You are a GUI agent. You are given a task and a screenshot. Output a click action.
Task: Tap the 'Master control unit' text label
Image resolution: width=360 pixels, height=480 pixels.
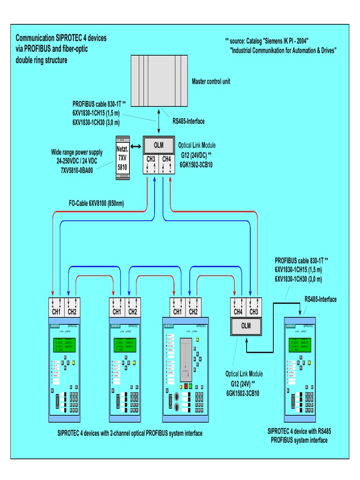pos(211,82)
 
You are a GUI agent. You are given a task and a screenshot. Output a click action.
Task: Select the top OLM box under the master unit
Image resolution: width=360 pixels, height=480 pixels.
pos(159,145)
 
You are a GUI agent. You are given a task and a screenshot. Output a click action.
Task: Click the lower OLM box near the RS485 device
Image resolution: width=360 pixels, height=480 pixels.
pos(246,325)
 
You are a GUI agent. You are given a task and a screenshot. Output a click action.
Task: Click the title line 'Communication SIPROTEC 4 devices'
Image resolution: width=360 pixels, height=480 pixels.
pos(61,38)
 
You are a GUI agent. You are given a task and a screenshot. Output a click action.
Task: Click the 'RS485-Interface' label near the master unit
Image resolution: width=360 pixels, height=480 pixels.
pos(188,121)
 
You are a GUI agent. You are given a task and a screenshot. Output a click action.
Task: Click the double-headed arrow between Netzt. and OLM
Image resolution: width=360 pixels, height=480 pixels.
pos(136,147)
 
